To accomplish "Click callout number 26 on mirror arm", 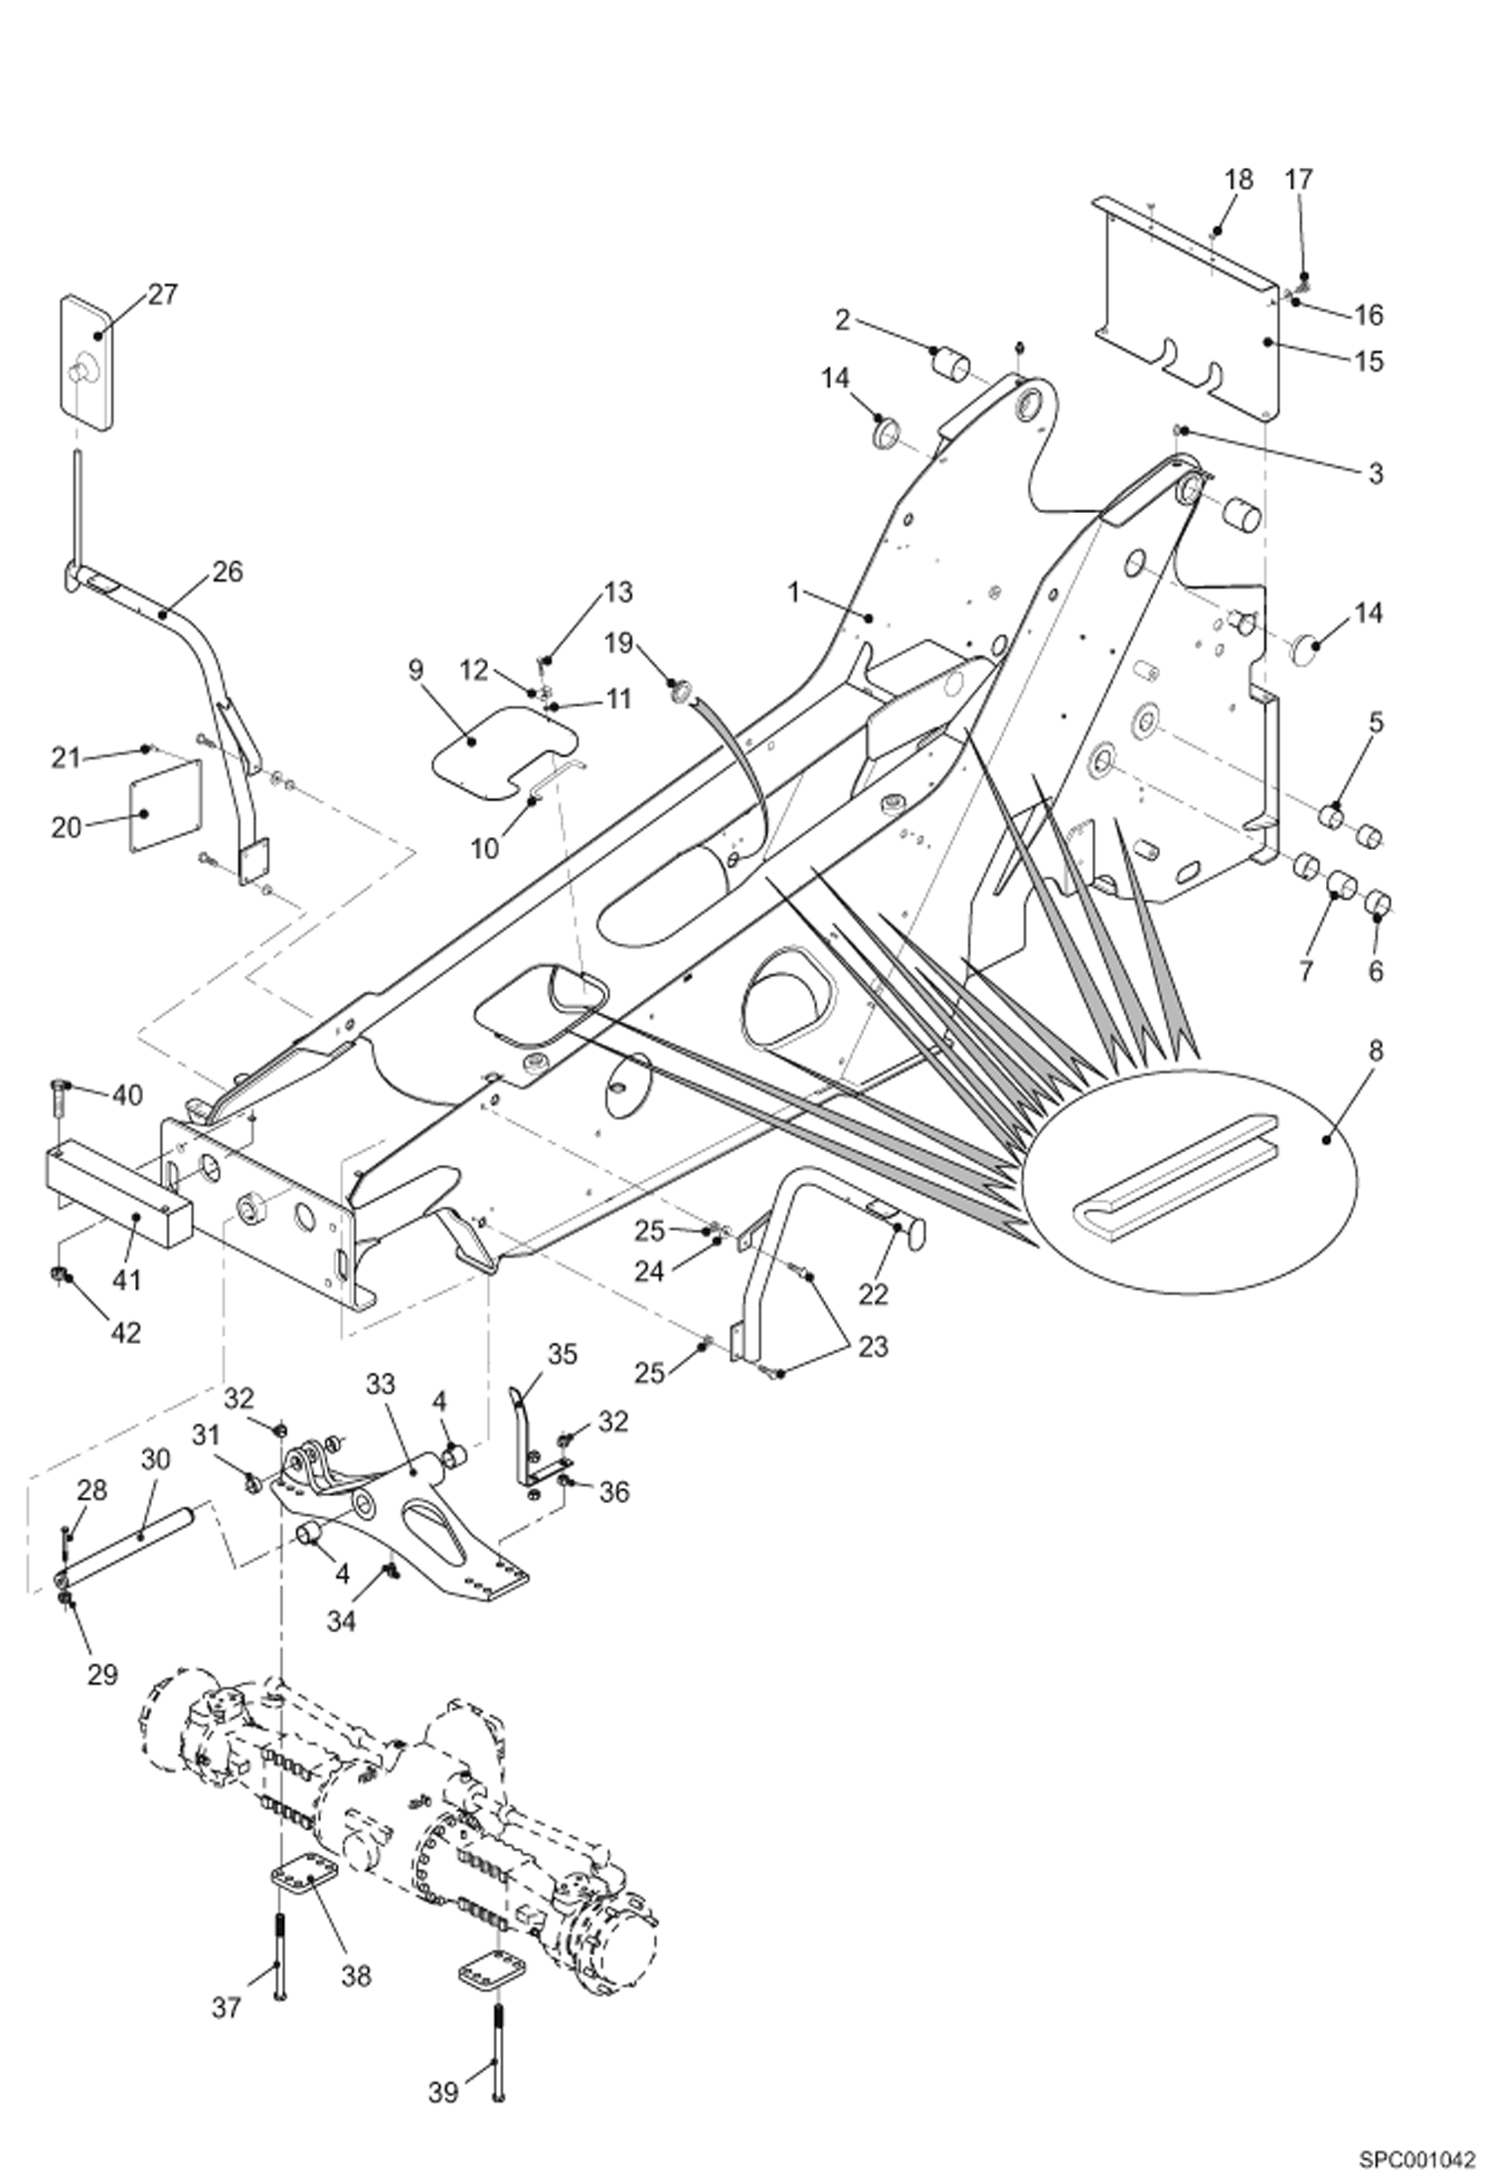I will click(x=227, y=572).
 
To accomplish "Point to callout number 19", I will click(x=618, y=643).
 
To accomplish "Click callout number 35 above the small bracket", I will click(x=562, y=1354).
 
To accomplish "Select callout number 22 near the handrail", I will click(x=875, y=1294).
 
